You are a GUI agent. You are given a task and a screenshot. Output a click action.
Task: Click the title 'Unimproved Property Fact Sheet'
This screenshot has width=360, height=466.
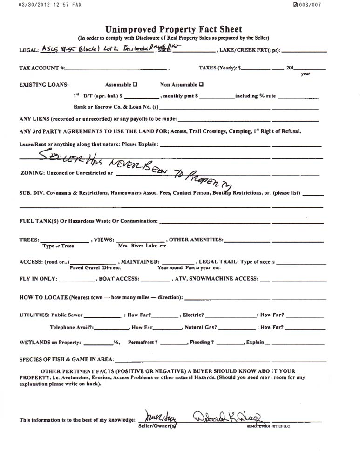[173, 30]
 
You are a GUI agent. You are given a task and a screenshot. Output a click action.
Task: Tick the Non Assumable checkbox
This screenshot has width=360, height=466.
[201, 85]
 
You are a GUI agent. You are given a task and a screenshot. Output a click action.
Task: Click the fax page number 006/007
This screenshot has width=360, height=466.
[310, 5]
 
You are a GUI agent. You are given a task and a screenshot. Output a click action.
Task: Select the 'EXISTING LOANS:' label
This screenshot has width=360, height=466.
[44, 85]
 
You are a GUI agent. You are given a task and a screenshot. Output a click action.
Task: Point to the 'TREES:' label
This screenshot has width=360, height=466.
[29, 240]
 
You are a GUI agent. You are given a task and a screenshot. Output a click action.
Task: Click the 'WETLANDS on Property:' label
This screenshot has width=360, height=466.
[51, 343]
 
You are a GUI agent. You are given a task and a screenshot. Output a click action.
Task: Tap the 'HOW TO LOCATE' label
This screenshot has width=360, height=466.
[44, 297]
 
